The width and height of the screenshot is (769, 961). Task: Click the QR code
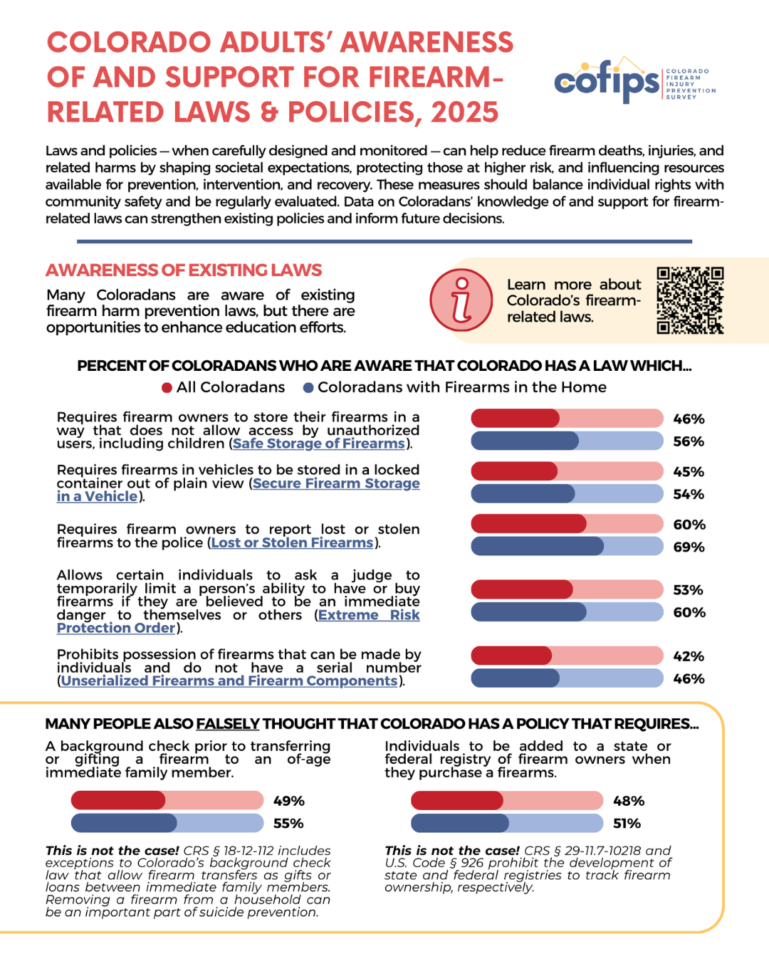tap(690, 300)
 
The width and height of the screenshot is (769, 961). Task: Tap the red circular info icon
tap(461, 300)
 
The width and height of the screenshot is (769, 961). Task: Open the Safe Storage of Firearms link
tap(319, 443)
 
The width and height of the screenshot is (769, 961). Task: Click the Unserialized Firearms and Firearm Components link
tap(229, 681)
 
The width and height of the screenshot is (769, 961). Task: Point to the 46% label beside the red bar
tap(689, 419)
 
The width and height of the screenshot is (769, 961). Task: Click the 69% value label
tap(689, 547)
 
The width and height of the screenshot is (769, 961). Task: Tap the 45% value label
tap(689, 471)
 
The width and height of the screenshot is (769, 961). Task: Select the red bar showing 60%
tap(567, 524)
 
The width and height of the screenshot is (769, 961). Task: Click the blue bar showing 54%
tap(567, 493)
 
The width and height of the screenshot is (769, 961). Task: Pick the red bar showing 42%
tap(567, 656)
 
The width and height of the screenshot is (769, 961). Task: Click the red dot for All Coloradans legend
tap(167, 387)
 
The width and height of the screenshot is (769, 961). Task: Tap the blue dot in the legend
tap(308, 387)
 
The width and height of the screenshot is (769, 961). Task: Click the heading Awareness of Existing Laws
tap(184, 271)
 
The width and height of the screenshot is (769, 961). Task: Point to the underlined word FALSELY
tap(228, 724)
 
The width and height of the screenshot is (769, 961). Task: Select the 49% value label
tap(288, 801)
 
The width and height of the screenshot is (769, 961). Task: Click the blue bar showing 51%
tap(507, 823)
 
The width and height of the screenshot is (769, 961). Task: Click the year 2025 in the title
tap(464, 112)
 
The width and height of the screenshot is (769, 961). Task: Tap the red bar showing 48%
tap(507, 800)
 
